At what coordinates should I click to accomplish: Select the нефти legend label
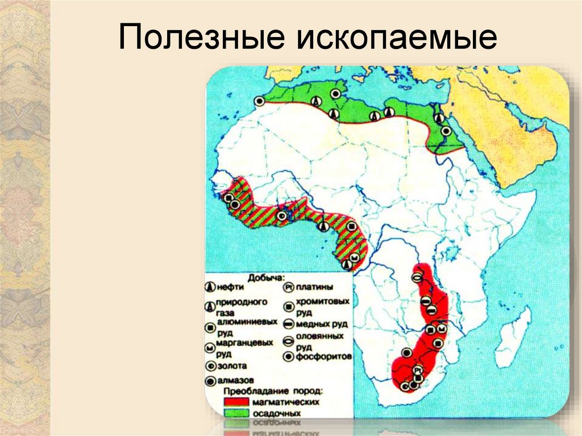[230, 288]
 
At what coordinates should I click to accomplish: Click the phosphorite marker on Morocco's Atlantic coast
[259, 101]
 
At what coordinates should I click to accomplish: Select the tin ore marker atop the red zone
[417, 278]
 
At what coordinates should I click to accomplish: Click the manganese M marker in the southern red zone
[442, 329]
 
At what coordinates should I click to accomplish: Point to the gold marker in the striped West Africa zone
[282, 215]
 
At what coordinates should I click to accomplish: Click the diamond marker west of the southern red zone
[407, 352]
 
